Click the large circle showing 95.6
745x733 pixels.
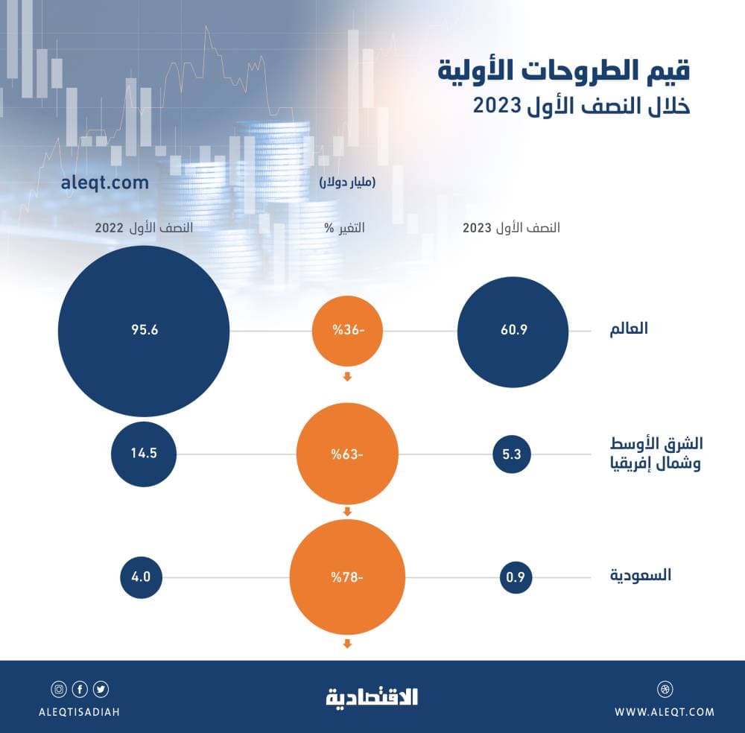[x=143, y=331]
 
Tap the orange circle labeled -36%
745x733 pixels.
[x=346, y=331]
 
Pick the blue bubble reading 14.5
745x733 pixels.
[x=143, y=453]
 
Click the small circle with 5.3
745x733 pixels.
[x=511, y=453]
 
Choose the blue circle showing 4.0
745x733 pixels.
[x=142, y=576]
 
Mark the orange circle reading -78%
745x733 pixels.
[x=346, y=576]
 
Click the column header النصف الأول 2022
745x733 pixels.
[x=143, y=228]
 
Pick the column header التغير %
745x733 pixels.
[x=347, y=228]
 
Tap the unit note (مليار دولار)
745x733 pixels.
[x=347, y=183]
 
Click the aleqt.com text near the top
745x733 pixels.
[x=105, y=183]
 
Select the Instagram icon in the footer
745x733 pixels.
[x=58, y=688]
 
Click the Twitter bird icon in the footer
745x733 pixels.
[x=101, y=688]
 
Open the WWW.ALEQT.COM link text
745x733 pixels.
[x=665, y=712]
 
